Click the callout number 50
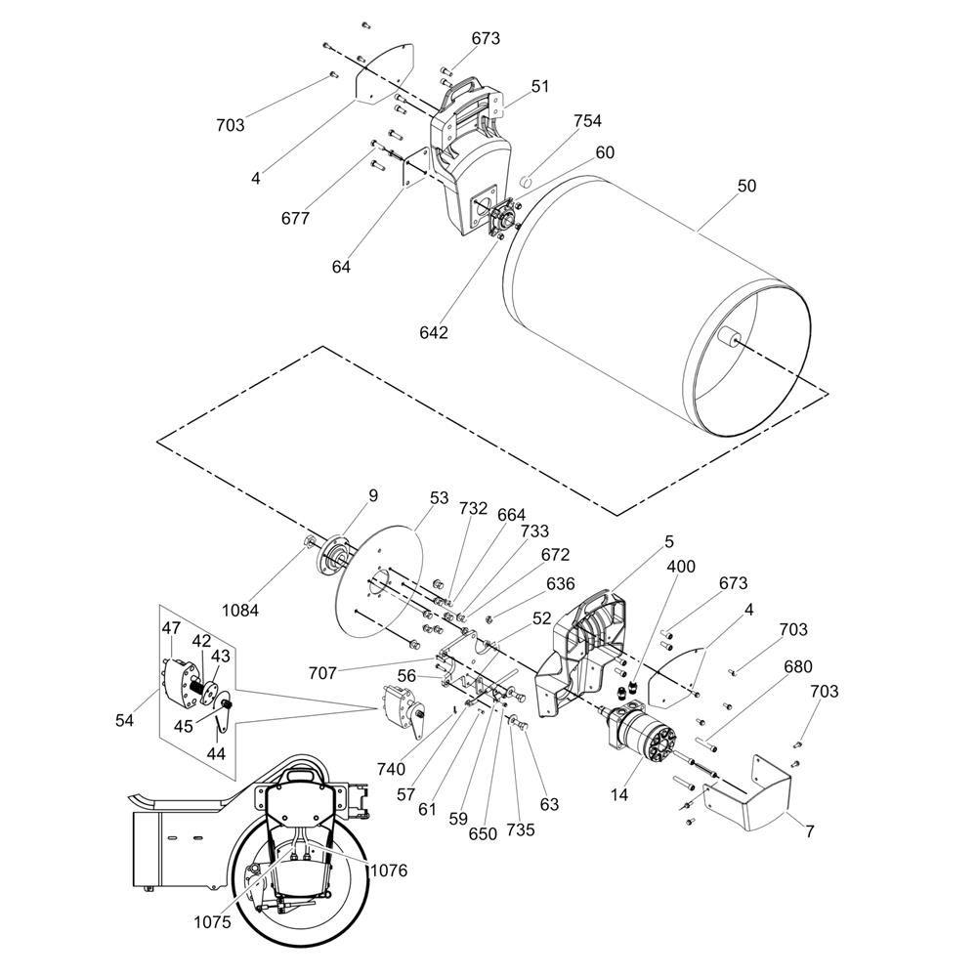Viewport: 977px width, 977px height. (x=746, y=186)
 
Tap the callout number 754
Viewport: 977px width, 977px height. (x=587, y=121)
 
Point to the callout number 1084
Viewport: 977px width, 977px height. (x=240, y=611)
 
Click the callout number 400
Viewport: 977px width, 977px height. (x=681, y=567)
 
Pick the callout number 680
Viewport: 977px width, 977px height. (x=797, y=668)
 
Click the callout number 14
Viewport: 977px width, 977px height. (x=619, y=796)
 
